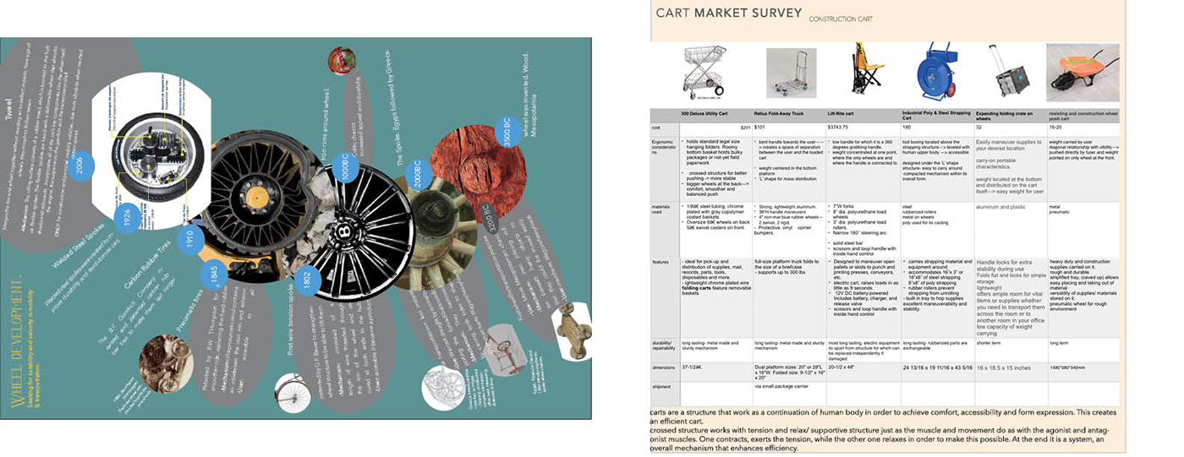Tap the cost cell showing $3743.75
pyautogui.click(x=840, y=126)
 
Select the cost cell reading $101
pyautogui.click(x=759, y=126)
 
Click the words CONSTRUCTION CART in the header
pyautogui.click(x=841, y=19)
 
